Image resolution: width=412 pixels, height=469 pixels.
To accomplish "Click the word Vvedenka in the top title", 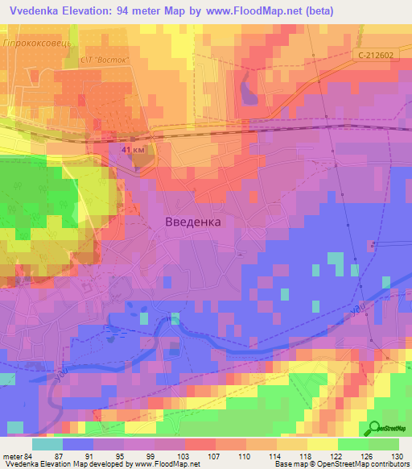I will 35,10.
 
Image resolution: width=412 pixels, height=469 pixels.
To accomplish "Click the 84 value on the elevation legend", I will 29,456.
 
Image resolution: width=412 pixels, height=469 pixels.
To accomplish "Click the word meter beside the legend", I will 12,456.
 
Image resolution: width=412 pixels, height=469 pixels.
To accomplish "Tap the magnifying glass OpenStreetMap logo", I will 374,430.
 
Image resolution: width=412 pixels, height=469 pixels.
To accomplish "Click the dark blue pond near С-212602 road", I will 245,89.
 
